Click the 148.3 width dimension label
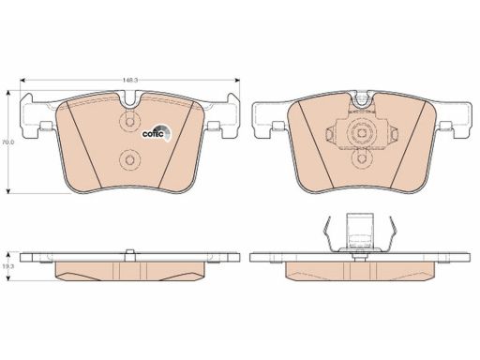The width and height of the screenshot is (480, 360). (130, 80)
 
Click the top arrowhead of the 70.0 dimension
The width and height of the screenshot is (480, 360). (8, 93)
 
